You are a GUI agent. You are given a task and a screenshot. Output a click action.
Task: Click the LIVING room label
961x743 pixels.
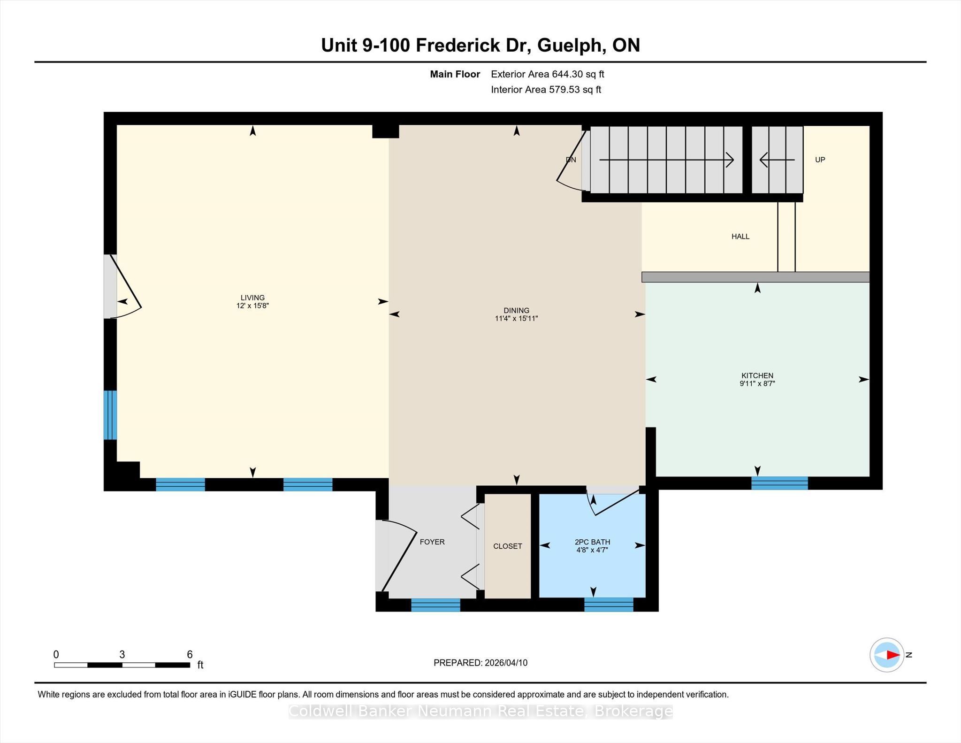click(x=252, y=298)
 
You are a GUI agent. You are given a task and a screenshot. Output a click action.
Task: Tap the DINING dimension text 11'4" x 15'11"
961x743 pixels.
click(x=516, y=318)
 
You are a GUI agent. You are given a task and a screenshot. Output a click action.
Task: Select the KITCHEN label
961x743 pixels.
click(x=757, y=375)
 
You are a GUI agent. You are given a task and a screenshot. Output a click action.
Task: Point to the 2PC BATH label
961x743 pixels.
click(x=592, y=542)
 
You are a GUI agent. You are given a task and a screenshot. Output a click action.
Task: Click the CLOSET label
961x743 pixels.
click(x=508, y=546)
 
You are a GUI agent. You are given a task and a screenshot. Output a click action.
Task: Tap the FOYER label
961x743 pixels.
click(x=432, y=542)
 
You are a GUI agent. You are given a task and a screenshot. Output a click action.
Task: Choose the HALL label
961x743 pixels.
click(x=740, y=237)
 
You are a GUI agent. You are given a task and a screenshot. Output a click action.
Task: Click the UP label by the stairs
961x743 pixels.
click(x=820, y=160)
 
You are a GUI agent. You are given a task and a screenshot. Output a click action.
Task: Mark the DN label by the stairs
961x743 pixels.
click(x=571, y=160)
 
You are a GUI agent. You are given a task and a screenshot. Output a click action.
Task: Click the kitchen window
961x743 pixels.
click(x=779, y=483)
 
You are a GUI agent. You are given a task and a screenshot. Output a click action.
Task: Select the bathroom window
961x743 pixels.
click(x=609, y=605)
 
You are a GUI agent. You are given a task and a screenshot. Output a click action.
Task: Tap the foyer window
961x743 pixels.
click(x=435, y=605)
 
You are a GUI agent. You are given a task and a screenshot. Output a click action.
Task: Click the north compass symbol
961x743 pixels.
click(x=887, y=655)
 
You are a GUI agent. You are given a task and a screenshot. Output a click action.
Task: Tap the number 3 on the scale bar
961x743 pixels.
click(x=122, y=654)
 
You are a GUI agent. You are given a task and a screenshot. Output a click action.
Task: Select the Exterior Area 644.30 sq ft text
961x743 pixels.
click(x=548, y=74)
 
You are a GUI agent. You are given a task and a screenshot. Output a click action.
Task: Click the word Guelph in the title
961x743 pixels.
click(x=569, y=46)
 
